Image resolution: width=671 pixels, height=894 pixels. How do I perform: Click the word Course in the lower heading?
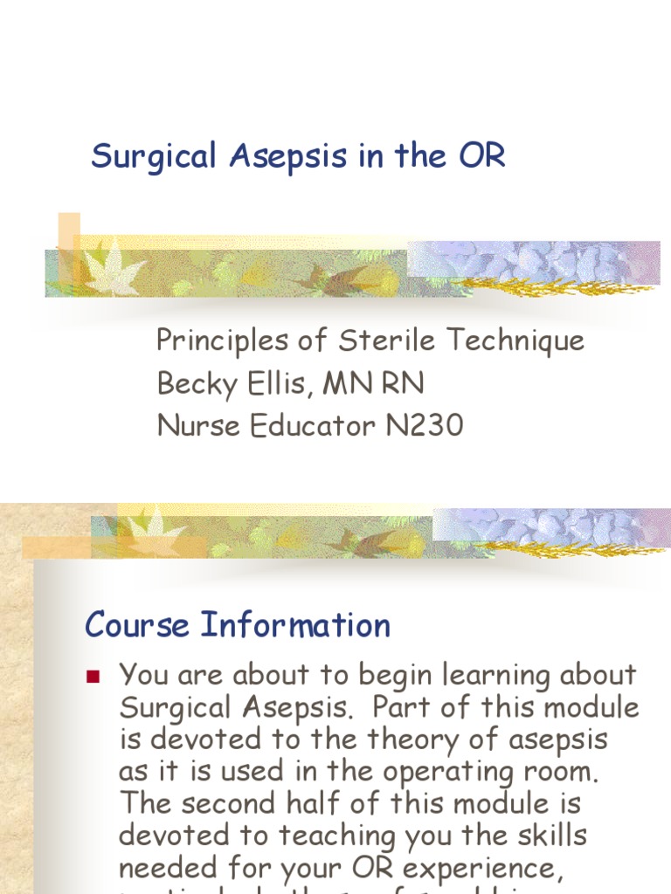coord(137,625)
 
